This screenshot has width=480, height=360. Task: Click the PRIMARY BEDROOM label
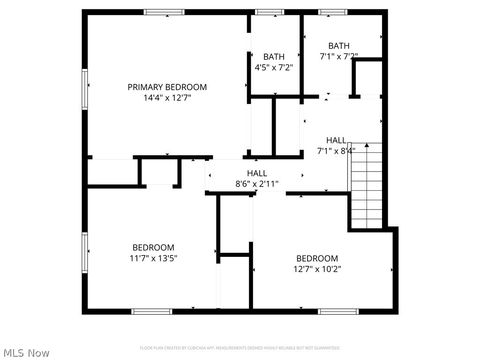click(x=166, y=87)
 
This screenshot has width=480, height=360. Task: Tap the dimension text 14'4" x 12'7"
click(x=166, y=98)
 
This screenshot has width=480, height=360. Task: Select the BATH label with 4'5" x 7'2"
click(x=273, y=56)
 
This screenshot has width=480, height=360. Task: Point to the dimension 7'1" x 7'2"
click(x=339, y=56)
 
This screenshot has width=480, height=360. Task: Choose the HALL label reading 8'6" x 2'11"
click(x=257, y=173)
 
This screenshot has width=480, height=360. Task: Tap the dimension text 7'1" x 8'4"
click(x=336, y=151)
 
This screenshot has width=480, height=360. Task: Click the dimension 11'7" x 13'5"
click(x=153, y=258)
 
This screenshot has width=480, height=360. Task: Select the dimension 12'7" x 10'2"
click(x=316, y=269)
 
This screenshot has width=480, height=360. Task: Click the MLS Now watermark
click(x=27, y=352)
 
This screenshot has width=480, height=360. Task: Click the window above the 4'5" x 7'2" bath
click(x=267, y=12)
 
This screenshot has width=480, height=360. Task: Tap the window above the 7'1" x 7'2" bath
click(x=332, y=12)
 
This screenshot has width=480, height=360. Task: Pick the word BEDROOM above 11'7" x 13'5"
click(x=153, y=247)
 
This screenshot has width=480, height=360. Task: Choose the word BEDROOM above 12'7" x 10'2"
click(x=316, y=258)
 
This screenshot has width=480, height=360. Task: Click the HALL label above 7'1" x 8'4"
click(x=336, y=140)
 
